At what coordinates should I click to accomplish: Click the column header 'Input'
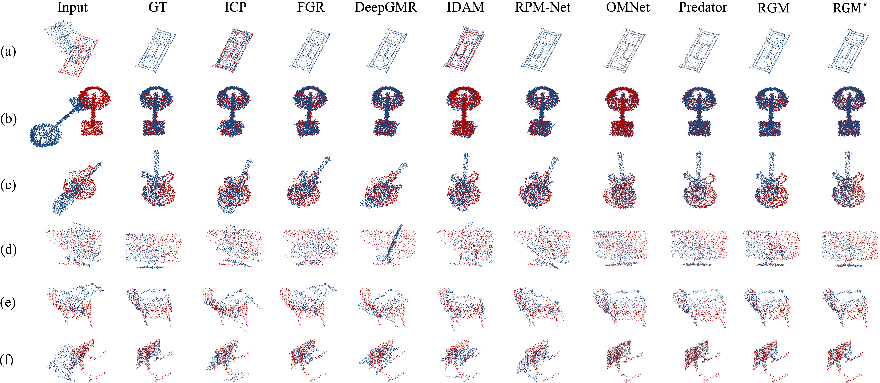coord(72,7)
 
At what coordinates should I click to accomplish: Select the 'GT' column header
coord(158,7)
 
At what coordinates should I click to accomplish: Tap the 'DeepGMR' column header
coord(386,7)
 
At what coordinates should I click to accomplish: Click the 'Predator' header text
coord(702,7)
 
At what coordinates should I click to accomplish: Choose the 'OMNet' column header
coord(628,7)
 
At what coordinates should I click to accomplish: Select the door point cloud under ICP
coord(233,50)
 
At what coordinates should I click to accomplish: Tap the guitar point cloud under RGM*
coord(848,184)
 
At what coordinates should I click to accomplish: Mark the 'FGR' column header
coord(311,7)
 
